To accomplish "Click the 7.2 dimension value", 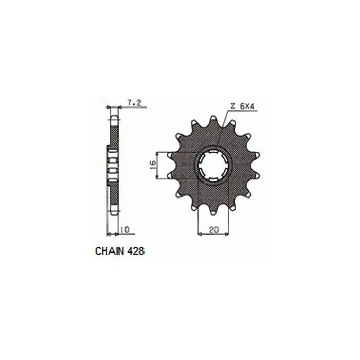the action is pos(134,103).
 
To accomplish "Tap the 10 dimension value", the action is pos(125,229).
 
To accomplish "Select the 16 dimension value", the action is pos(153,165).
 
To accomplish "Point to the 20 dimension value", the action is pos(214,229).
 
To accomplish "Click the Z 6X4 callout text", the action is pos(242,106).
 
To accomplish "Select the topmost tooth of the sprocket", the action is pos(213,120).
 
